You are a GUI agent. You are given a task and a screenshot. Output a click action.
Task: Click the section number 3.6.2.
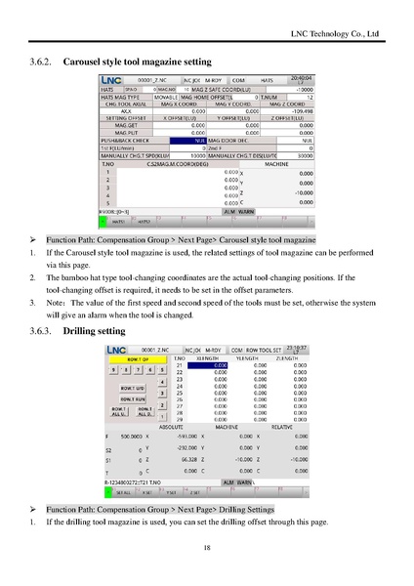45,61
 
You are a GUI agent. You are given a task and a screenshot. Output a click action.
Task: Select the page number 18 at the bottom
207,547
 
